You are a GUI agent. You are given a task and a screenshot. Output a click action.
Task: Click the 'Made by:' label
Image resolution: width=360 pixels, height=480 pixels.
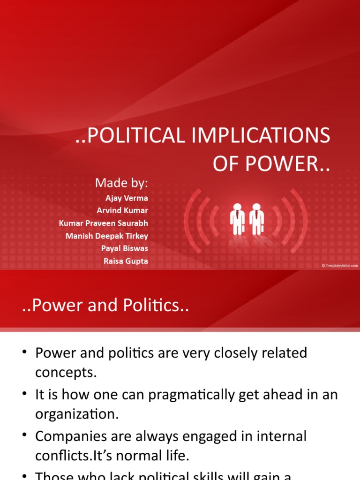pyautogui.click(x=121, y=183)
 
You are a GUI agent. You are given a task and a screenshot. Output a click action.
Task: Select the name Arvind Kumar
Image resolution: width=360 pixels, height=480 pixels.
pyautogui.click(x=122, y=210)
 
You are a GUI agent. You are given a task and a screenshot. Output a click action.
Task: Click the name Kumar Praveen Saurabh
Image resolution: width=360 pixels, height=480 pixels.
pyautogui.click(x=103, y=223)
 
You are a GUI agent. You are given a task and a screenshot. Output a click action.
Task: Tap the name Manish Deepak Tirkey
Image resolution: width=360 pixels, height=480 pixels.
pyautogui.click(x=106, y=236)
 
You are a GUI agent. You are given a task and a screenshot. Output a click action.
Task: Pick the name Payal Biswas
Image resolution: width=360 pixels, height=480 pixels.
pyautogui.click(x=124, y=248)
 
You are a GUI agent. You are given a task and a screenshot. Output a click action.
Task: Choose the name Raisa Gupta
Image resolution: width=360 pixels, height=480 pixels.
pyautogui.click(x=126, y=261)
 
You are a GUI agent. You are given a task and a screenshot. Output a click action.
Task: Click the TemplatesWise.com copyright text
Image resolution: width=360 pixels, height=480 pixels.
pyautogui.click(x=339, y=265)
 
